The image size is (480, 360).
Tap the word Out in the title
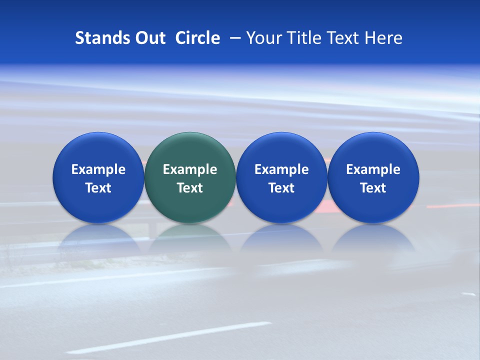point(149,38)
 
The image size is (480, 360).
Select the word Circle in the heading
point(197,38)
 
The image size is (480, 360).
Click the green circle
point(190,150)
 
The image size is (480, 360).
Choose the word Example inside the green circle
point(190,169)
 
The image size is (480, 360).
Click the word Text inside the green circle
point(190,188)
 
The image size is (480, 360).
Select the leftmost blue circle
point(98,150)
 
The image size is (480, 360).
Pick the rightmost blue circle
point(373,150)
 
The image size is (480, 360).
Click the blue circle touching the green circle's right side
point(281,150)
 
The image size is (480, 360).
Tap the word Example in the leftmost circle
point(98,169)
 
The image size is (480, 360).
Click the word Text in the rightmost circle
point(373,188)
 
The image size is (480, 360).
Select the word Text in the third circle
point(281,188)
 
